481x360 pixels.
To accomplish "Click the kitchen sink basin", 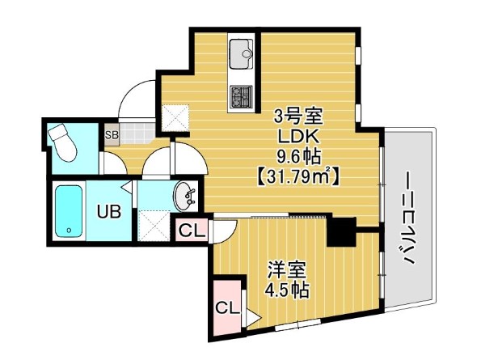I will (x=241, y=56).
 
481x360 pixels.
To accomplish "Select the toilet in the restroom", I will (x=65, y=143).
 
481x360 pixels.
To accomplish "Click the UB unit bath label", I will (x=109, y=213).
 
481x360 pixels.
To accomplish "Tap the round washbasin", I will (x=186, y=195).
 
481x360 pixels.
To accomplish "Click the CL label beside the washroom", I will (x=191, y=231).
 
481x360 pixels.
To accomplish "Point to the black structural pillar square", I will (x=341, y=232).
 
